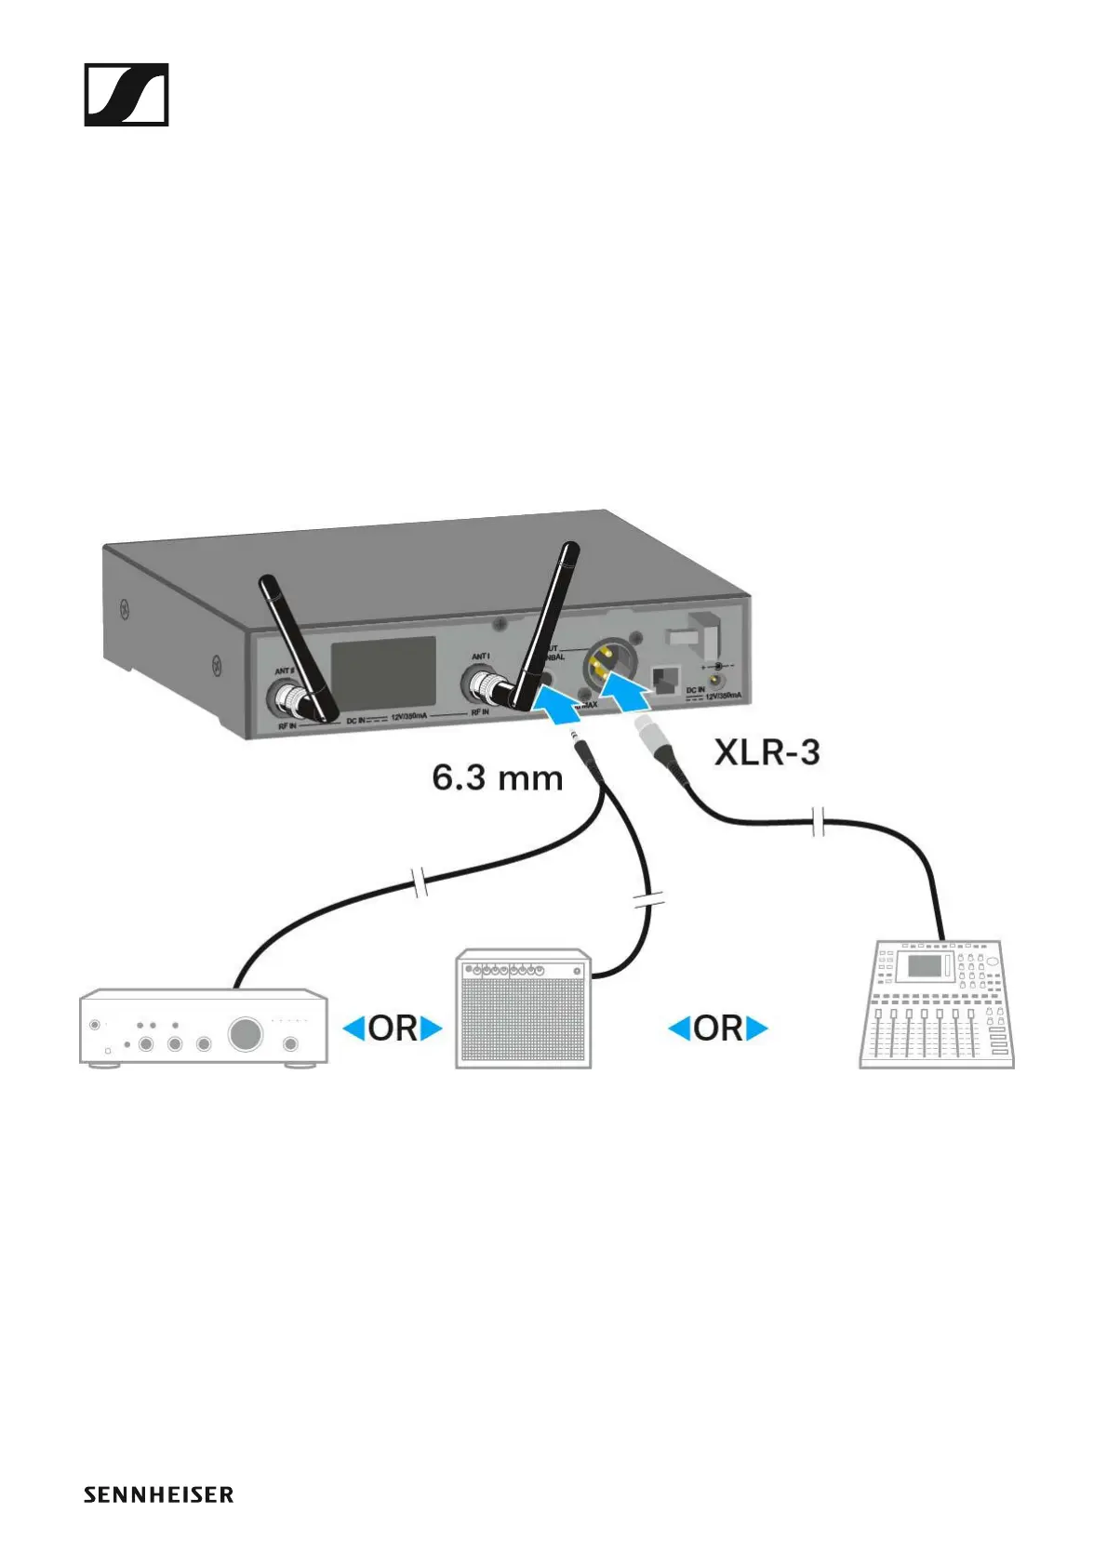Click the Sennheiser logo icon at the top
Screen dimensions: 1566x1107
coord(127,95)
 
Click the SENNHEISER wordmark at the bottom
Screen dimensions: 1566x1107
coord(158,1494)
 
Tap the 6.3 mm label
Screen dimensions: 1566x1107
coord(498,777)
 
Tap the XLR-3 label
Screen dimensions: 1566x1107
coord(767,752)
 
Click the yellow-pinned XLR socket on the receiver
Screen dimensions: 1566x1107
coord(603,664)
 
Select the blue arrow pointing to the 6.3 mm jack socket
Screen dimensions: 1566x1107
coord(560,705)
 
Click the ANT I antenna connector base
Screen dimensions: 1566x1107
coord(485,687)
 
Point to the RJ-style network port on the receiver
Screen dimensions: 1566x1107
coord(666,679)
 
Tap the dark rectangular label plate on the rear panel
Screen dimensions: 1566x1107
coord(384,671)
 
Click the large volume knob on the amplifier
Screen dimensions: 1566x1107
coord(246,1034)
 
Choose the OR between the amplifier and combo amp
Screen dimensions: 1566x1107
coord(393,1029)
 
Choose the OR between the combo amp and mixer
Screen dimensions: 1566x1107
coord(718,1029)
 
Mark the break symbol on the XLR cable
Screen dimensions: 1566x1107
coord(819,822)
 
